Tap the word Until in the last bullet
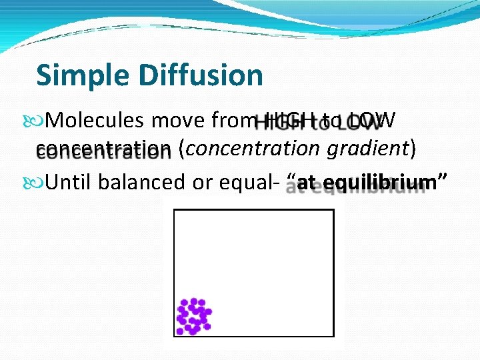[69, 181]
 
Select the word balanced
[141, 181]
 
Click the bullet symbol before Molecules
[40, 121]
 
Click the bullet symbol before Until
[40, 182]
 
